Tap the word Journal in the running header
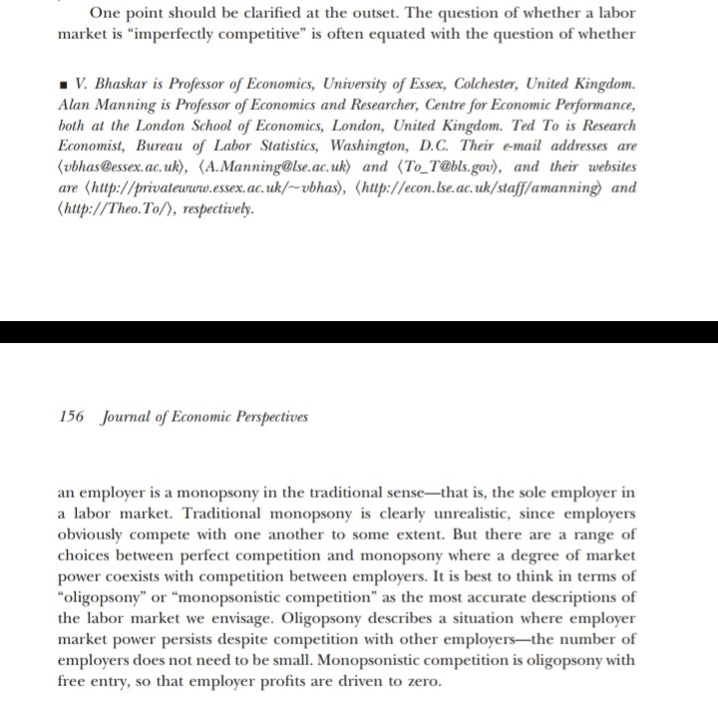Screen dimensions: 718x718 tap(127, 417)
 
